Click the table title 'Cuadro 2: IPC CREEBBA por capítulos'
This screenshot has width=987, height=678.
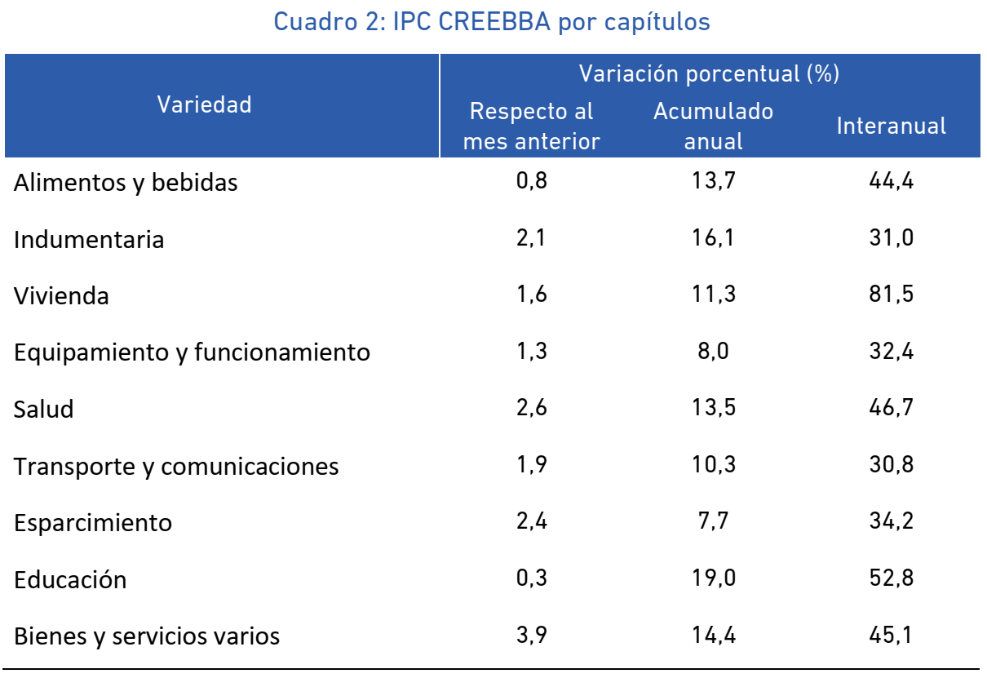click(492, 22)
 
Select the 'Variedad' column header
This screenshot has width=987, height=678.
click(205, 104)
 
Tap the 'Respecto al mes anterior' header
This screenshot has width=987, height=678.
click(531, 126)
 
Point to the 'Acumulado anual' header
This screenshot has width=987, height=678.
click(714, 126)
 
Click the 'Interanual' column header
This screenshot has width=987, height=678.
click(891, 126)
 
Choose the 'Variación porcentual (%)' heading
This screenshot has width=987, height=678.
click(709, 73)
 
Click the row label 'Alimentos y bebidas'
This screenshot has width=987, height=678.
click(126, 183)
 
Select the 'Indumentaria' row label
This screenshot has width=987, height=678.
click(89, 239)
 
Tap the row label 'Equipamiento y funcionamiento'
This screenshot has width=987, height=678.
click(192, 352)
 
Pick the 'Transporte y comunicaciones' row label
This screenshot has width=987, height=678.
click(176, 467)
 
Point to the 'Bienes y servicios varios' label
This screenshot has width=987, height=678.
click(147, 636)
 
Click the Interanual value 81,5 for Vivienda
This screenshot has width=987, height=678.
click(891, 294)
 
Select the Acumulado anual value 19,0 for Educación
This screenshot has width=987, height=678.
click(714, 578)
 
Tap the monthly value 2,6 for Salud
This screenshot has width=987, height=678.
click(531, 407)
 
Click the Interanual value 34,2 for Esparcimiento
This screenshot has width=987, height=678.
click(891, 521)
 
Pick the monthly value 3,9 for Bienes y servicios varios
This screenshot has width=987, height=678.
click(531, 635)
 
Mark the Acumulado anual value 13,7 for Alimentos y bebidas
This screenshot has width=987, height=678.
click(714, 181)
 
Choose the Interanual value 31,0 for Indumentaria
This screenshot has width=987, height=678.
click(891, 237)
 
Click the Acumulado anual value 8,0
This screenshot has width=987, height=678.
click(714, 352)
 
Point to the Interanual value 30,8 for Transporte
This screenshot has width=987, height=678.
click(891, 464)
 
